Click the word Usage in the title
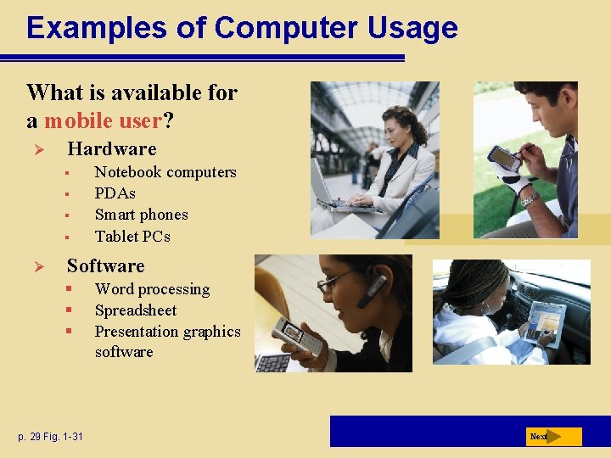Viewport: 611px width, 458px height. pyautogui.click(x=412, y=27)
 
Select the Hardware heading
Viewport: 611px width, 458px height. pyautogui.click(x=111, y=149)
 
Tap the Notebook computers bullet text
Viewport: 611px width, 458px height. pyautogui.click(x=165, y=172)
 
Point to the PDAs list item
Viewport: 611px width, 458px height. pyautogui.click(x=115, y=193)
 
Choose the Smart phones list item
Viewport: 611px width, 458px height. pyautogui.click(x=141, y=215)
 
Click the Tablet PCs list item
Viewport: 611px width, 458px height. pyautogui.click(x=132, y=236)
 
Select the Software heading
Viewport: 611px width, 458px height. pyautogui.click(x=105, y=266)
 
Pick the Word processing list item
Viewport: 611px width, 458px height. pyautogui.click(x=152, y=289)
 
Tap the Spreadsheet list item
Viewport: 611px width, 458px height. pyautogui.click(x=136, y=310)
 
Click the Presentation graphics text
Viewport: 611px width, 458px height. pyautogui.click(x=167, y=332)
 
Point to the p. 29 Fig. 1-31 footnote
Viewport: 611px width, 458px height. pyautogui.click(x=51, y=437)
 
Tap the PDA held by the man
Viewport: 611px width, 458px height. pyautogui.click(x=503, y=158)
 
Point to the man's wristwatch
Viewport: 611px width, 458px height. pyautogui.click(x=530, y=198)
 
